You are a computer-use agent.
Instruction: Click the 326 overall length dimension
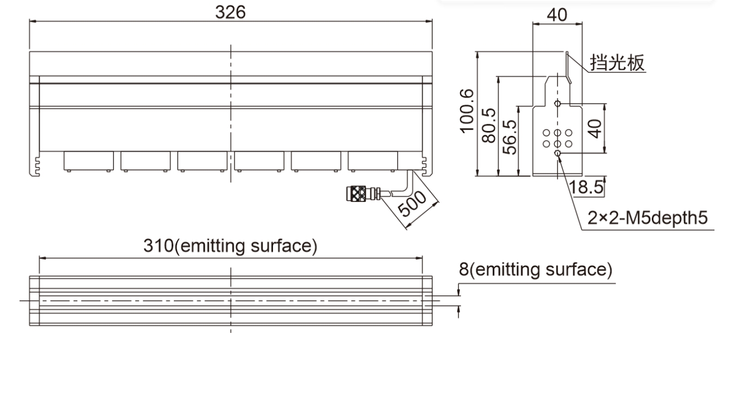(231, 13)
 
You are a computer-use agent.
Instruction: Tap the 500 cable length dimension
(413, 204)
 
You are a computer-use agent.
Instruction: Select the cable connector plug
(363, 193)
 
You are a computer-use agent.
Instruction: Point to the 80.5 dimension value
(489, 125)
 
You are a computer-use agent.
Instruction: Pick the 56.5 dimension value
(510, 137)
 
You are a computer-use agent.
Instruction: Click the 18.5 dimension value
(586, 187)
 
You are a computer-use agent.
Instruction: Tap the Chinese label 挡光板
(617, 63)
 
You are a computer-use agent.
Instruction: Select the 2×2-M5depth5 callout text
(647, 218)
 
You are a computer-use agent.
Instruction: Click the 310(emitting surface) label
(231, 246)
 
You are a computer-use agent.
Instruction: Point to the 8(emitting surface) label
(535, 270)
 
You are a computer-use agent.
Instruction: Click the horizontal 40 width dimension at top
(557, 15)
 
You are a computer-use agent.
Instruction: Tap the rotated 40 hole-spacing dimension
(595, 129)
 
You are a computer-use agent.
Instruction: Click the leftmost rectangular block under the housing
(89, 161)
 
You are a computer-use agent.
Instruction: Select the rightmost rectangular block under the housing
(373, 161)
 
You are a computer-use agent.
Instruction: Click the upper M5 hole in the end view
(558, 104)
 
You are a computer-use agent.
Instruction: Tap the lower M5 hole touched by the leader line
(558, 153)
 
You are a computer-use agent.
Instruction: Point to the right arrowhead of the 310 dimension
(419, 258)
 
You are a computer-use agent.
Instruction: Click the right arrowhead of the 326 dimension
(429, 22)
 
